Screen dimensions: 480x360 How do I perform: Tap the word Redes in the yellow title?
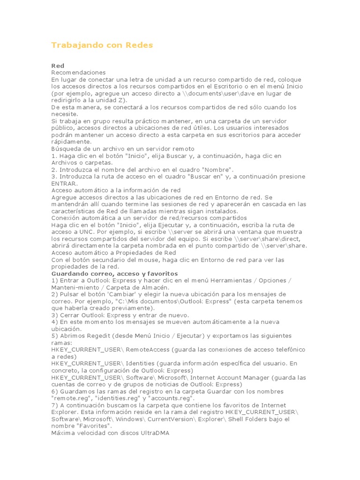[x=139, y=45]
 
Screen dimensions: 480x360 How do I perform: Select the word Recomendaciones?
[x=78, y=73]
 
